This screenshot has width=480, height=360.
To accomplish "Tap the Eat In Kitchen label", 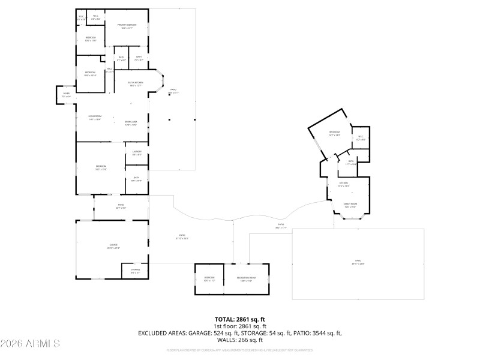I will pyautogui.click(x=136, y=83).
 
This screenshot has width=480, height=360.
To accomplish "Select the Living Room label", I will pyautogui.click(x=95, y=118).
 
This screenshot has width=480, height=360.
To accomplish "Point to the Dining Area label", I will pyautogui.click(x=131, y=123).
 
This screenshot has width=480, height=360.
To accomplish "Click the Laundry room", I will pyautogui.click(x=136, y=154).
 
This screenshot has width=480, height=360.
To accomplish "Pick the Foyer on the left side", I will pyautogui.click(x=66, y=94).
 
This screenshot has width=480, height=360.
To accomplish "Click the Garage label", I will pyautogui.click(x=113, y=247).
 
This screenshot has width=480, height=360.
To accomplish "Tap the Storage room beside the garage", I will pyautogui.click(x=136, y=272).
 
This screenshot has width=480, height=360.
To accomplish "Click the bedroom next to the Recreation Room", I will pyautogui.click(x=209, y=278).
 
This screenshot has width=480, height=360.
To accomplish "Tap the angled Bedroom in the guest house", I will pyautogui.click(x=334, y=133).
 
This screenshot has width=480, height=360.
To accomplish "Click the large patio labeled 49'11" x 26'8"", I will pyautogui.click(x=358, y=262).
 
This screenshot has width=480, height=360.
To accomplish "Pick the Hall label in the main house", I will pyautogui.click(x=110, y=70).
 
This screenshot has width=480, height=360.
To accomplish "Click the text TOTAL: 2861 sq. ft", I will pyautogui.click(x=240, y=319).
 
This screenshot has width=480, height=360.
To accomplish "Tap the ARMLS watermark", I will pyautogui.click(x=30, y=344).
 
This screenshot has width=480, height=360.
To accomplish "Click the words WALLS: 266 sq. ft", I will pyautogui.click(x=240, y=339).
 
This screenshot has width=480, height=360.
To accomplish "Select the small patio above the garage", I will pyautogui.click(x=121, y=206).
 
